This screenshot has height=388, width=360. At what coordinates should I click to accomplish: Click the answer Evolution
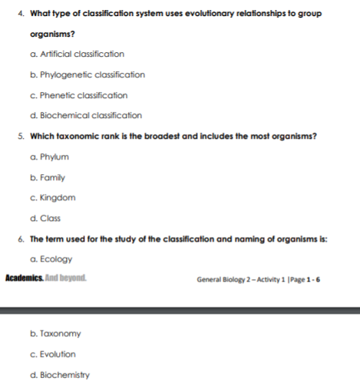point(53,355)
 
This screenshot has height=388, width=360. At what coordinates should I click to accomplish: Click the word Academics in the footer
point(23,277)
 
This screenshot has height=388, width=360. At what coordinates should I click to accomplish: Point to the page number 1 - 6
point(310,278)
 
